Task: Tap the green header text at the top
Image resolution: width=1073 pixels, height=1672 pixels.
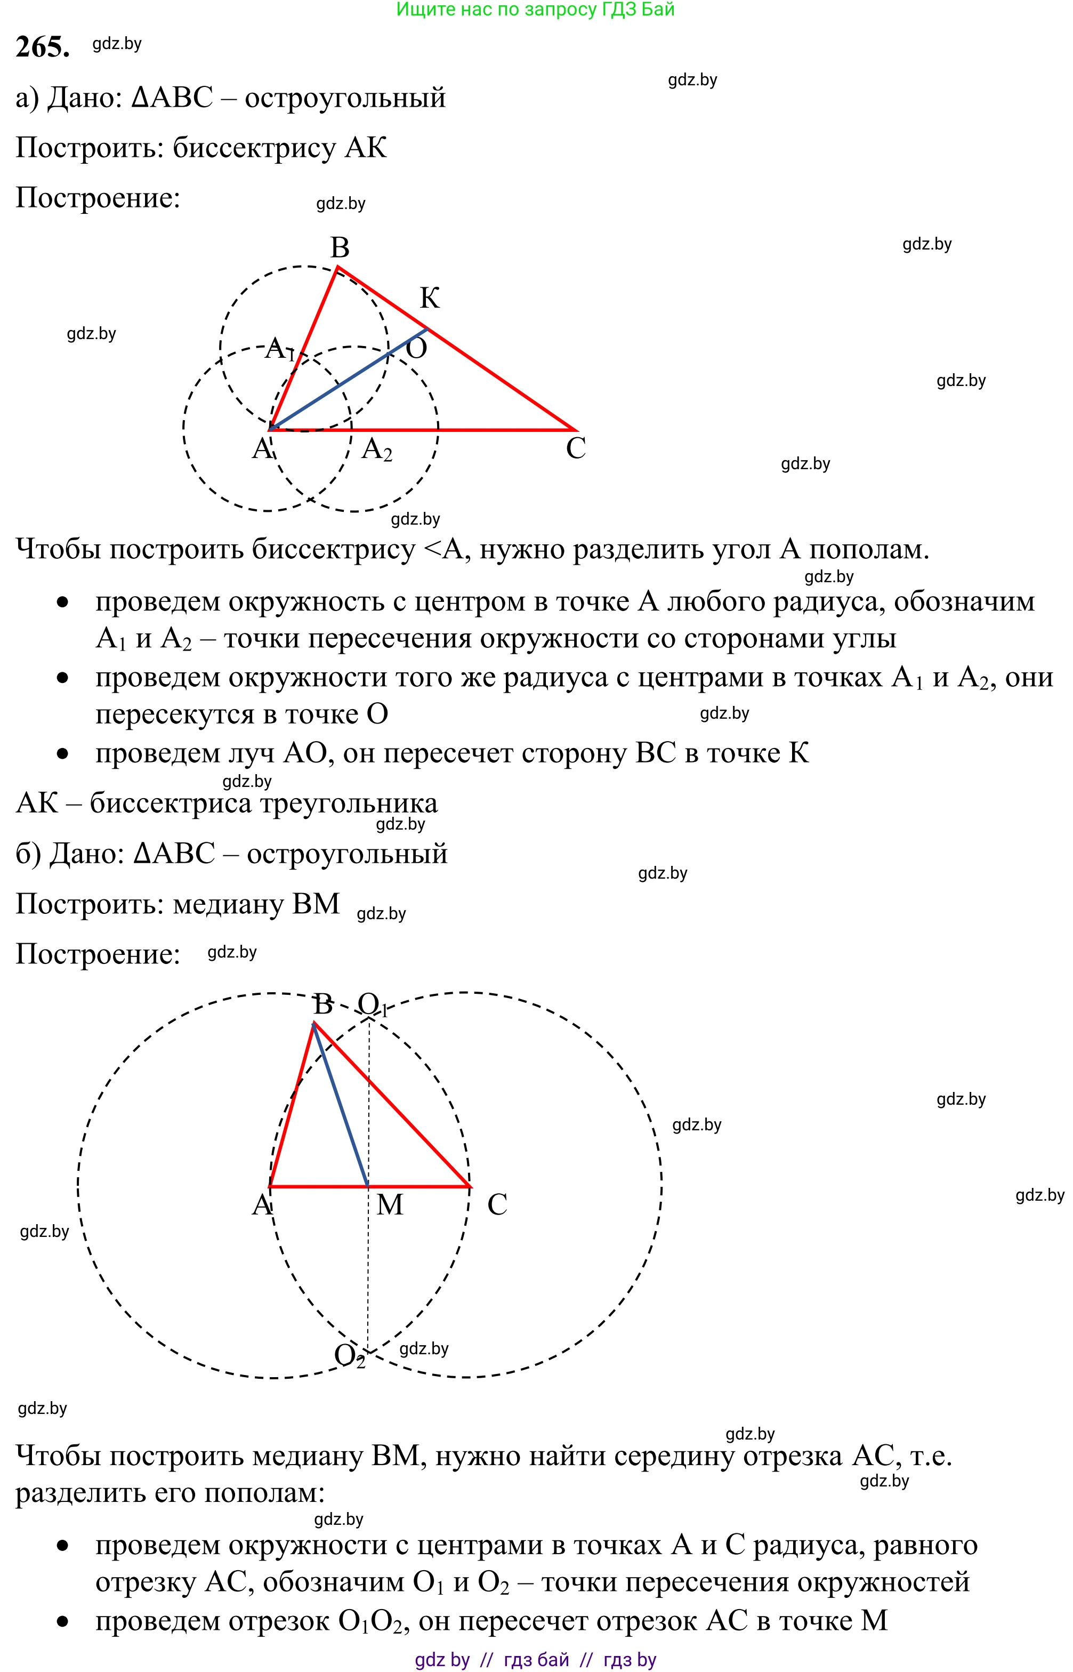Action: (535, 10)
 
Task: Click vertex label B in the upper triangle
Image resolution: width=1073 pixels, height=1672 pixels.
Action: (340, 247)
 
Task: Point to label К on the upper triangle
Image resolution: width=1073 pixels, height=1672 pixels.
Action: (429, 298)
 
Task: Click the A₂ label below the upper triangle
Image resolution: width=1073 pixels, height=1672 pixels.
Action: (377, 449)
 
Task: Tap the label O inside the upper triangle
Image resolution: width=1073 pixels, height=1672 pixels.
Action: (416, 348)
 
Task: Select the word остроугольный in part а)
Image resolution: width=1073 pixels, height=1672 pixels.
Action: (345, 98)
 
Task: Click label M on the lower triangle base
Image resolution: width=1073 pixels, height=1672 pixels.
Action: (390, 1204)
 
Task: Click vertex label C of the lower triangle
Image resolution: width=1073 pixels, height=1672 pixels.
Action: (497, 1204)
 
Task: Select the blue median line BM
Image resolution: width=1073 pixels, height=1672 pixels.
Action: (341, 1105)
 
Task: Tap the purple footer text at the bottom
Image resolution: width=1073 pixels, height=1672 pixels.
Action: (535, 1659)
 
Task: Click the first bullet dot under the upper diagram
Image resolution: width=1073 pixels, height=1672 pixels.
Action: (63, 602)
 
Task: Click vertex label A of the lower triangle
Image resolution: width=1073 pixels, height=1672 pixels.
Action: (262, 1204)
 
